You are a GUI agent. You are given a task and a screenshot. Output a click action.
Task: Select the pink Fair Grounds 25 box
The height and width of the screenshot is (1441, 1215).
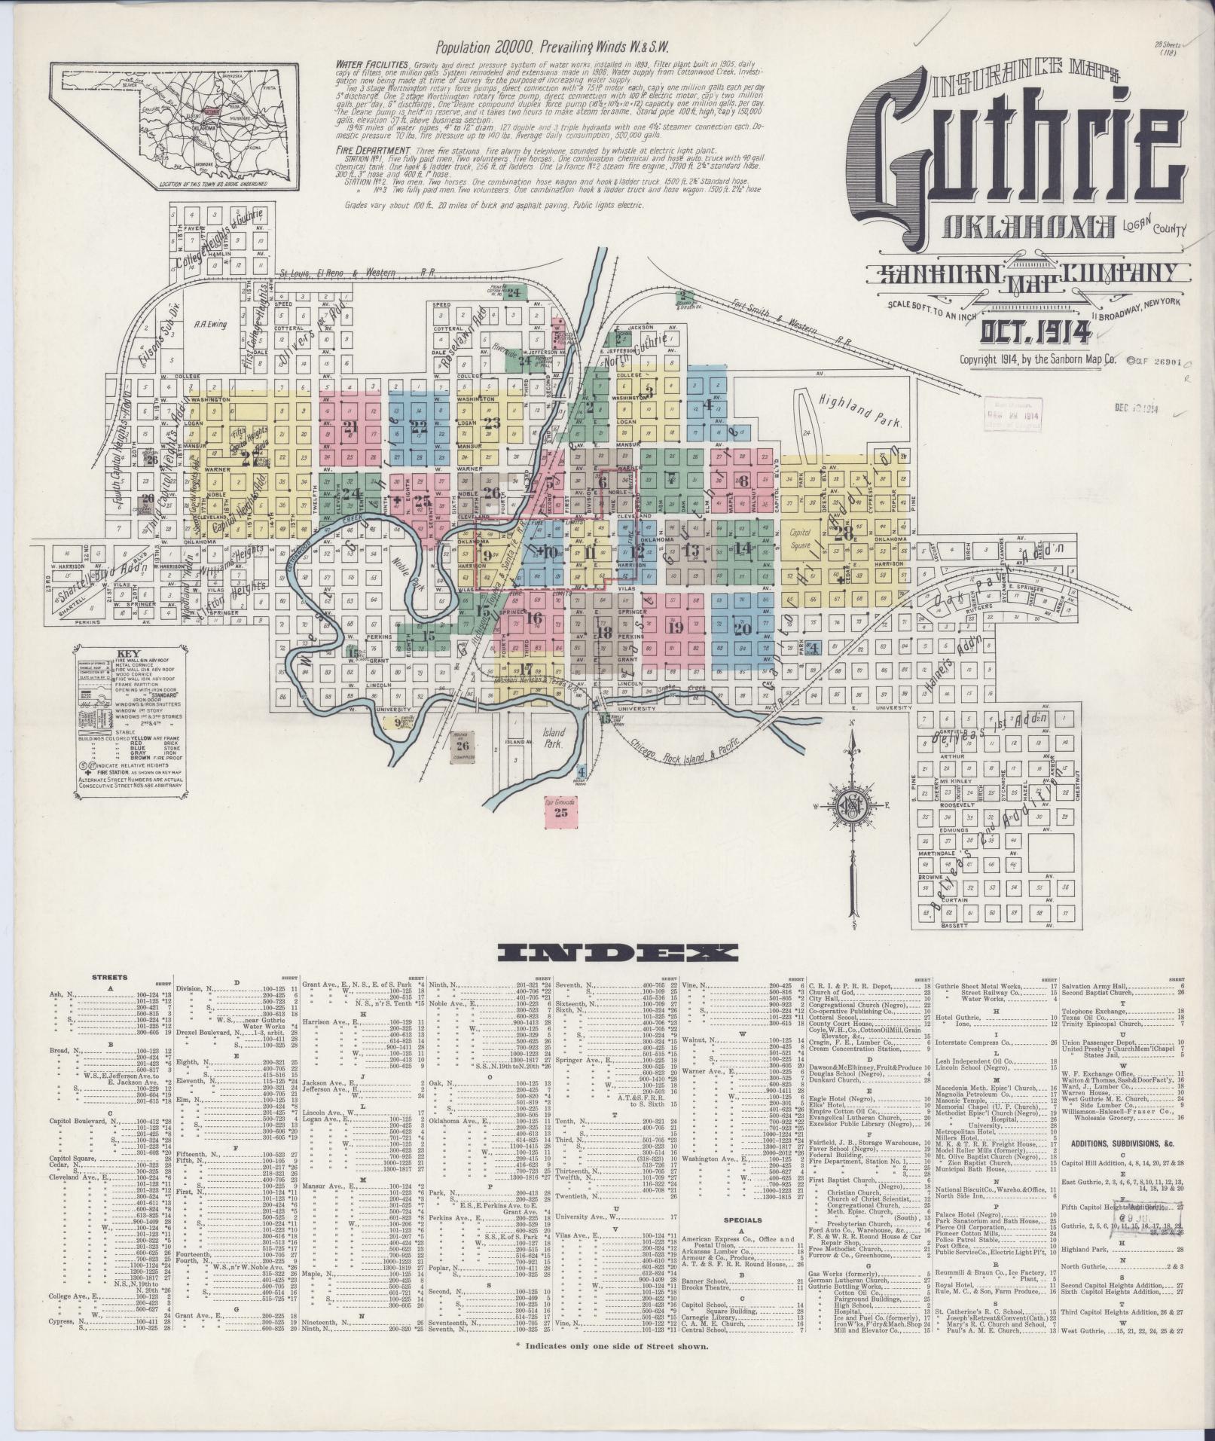pyautogui.click(x=560, y=809)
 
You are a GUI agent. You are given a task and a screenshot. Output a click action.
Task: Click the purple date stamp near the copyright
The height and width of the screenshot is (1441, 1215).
pyautogui.click(x=1013, y=415)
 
